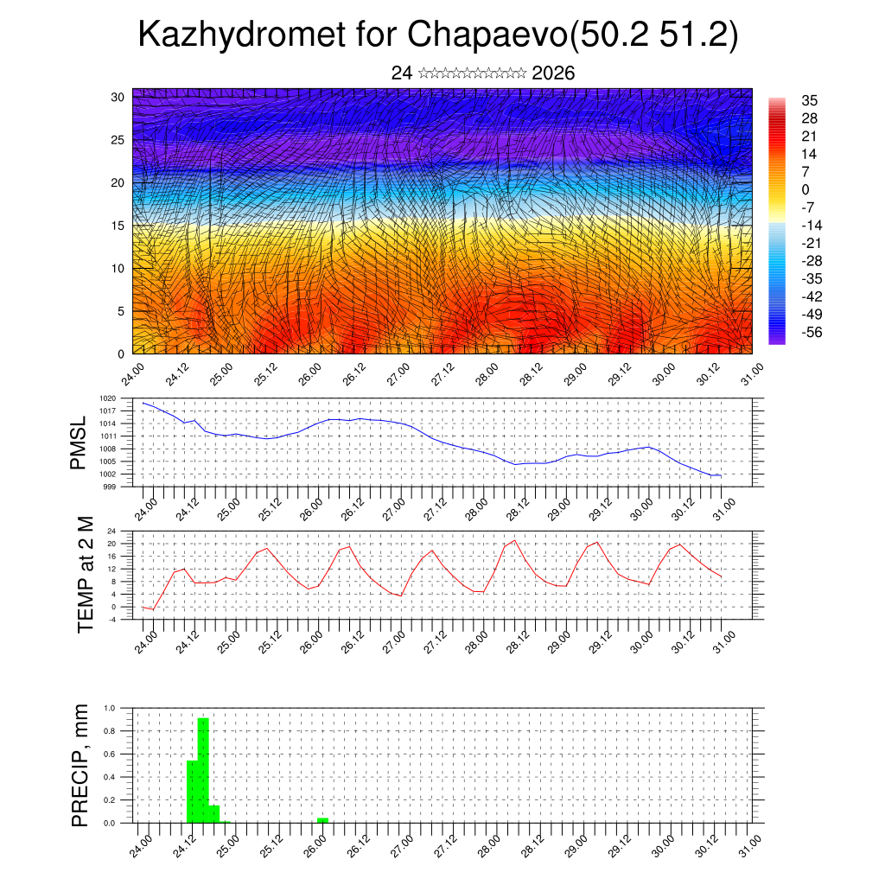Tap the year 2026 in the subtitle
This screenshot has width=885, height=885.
coord(553,73)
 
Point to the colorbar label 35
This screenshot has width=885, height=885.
coord(810,100)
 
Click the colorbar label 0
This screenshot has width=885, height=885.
coord(805,189)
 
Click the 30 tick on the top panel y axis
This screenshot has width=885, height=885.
coord(118,97)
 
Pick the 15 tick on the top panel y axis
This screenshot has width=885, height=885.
coord(118,226)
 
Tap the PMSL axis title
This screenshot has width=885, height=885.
coord(79,443)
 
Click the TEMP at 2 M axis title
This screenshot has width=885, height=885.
coord(85,575)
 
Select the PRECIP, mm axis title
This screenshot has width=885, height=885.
coord(80,766)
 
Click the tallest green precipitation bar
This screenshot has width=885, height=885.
coord(203,769)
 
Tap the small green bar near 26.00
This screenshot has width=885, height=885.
coord(322,820)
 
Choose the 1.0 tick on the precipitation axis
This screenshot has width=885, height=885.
coord(110,708)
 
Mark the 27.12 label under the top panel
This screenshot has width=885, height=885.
coord(442,374)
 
